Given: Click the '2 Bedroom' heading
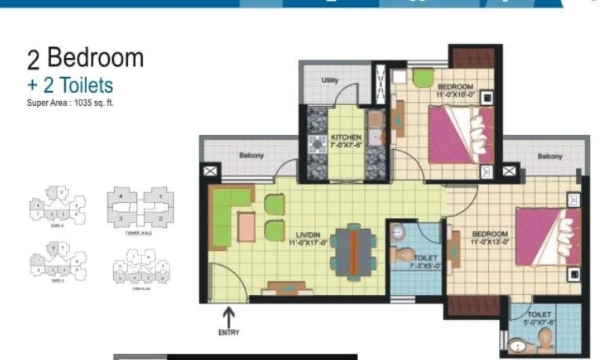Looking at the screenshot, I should point(86,58).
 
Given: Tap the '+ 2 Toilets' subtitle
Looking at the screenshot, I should point(71,85).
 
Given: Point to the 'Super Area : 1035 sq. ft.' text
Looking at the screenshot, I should point(71,102).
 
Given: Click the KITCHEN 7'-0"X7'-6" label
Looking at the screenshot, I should point(346,141).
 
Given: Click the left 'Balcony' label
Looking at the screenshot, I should point(251,155).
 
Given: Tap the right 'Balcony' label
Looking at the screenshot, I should point(549,157).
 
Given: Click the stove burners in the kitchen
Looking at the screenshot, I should point(319,146).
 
